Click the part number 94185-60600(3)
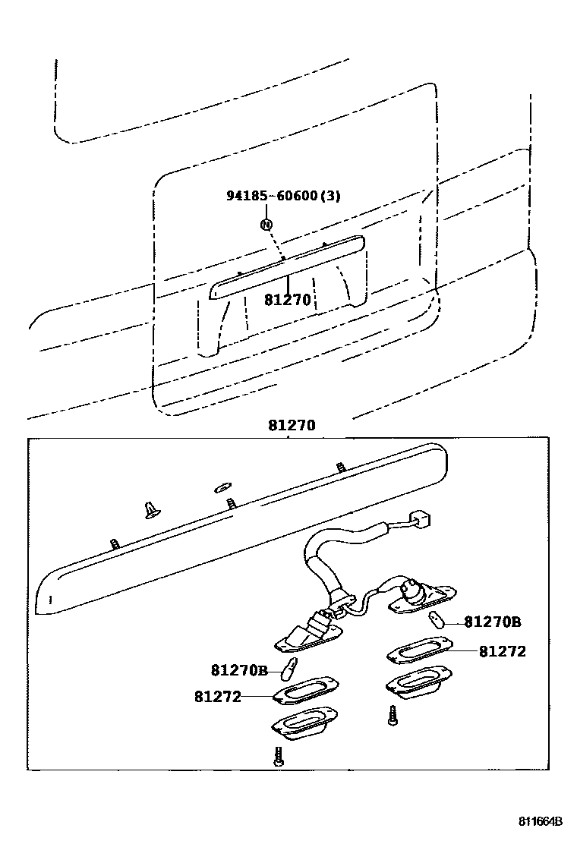pos(283,196)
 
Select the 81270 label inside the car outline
pos(288,300)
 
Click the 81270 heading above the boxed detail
pos(291,427)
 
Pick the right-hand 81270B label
pos(492,622)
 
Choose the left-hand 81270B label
pos(239,670)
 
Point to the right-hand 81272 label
pos(502,651)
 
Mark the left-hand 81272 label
pos(217,695)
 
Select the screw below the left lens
pos(279,756)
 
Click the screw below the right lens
pos(393,715)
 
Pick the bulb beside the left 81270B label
pos(289,669)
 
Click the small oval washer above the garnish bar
pos(222,486)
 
